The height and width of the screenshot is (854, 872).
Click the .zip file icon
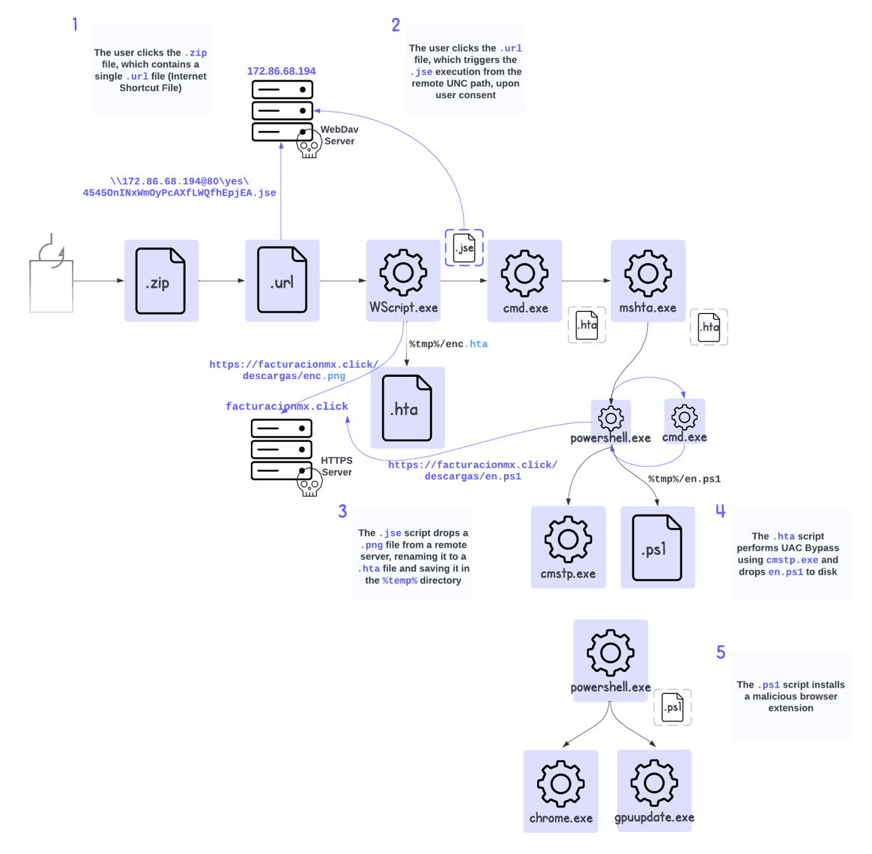pyautogui.click(x=160, y=281)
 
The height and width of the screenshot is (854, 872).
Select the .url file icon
pyautogui.click(x=282, y=281)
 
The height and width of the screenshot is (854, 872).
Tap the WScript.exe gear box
pyautogui.click(x=403, y=281)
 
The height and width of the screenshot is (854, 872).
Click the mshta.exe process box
pyautogui.click(x=648, y=281)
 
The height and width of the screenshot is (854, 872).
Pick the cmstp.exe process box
pyautogui.click(x=568, y=547)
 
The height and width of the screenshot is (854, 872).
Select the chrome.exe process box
pyautogui.click(x=560, y=791)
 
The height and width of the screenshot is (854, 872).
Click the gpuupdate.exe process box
pyautogui.click(x=654, y=791)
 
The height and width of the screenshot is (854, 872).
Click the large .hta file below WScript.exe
pyautogui.click(x=408, y=408)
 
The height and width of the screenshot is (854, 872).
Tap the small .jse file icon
pyautogui.click(x=464, y=248)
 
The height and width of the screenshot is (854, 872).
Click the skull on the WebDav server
pyautogui.click(x=309, y=144)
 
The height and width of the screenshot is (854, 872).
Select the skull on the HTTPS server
pyautogui.click(x=309, y=483)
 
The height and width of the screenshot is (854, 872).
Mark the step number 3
pyautogui.click(x=342, y=512)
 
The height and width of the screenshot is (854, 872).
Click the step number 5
pyautogui.click(x=721, y=652)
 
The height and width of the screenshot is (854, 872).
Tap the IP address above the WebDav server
pyautogui.click(x=282, y=71)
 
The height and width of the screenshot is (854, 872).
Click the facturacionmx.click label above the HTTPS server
pyautogui.click(x=288, y=406)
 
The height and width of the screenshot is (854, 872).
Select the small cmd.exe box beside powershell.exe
pyautogui.click(x=685, y=421)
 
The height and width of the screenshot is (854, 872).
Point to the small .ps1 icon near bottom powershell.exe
pyautogui.click(x=672, y=708)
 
